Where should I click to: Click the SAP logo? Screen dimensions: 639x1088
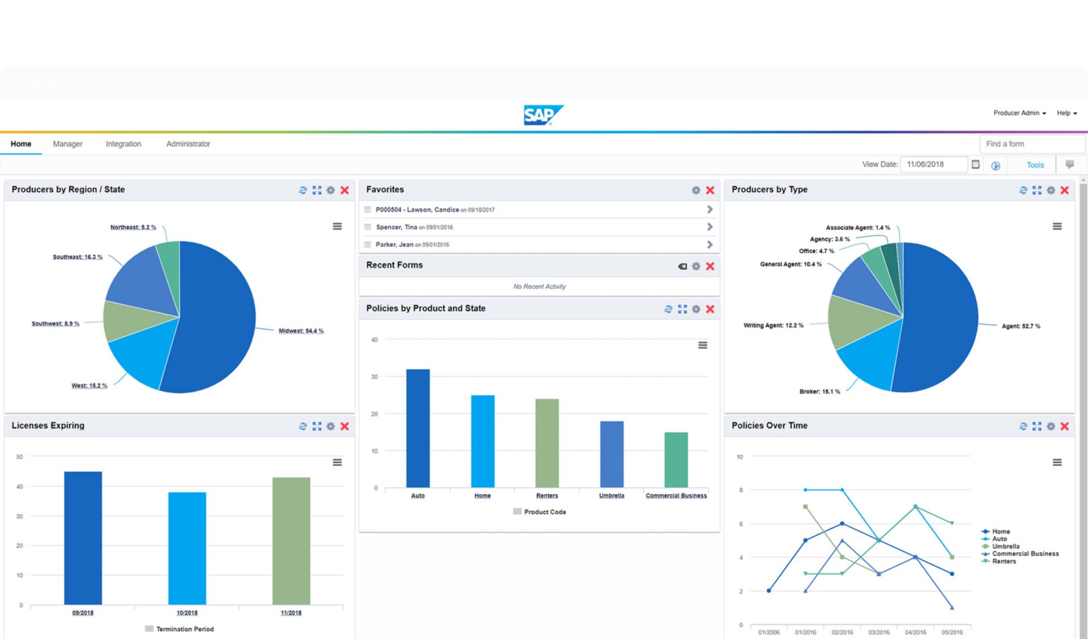tap(543, 115)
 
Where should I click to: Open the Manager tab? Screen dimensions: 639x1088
tap(67, 144)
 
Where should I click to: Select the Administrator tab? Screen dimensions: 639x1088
tap(188, 144)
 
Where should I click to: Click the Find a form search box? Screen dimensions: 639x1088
tap(1032, 144)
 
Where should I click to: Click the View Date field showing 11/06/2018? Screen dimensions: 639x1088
tap(933, 164)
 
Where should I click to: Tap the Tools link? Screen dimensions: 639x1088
tap(1035, 165)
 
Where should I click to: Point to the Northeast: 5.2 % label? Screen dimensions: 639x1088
tap(133, 227)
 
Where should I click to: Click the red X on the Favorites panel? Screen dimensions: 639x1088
tap(710, 190)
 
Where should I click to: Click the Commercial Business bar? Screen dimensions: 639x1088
tap(676, 459)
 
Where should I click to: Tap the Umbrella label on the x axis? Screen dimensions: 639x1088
tap(611, 496)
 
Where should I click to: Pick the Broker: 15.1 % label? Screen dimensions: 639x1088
tap(819, 392)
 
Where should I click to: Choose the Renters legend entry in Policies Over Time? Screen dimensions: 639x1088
tap(1003, 561)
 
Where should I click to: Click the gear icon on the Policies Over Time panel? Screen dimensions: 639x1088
tap(1050, 426)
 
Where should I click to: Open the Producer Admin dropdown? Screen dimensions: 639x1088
tap(1019, 113)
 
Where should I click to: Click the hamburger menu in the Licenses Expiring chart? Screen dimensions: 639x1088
tap(337, 462)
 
